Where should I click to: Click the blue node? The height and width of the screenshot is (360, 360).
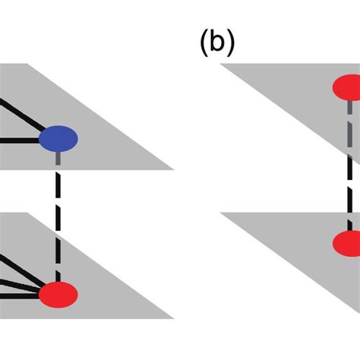pos(58,139)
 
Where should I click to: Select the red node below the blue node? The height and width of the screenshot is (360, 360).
pos(58,293)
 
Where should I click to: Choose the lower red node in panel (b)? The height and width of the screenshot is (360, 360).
pos(347,245)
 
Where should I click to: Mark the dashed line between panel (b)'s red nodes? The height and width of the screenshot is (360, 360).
pos(350,175)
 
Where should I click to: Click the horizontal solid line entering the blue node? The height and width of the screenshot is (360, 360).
pos(19,140)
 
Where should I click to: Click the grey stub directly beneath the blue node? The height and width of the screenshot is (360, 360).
pos(58,159)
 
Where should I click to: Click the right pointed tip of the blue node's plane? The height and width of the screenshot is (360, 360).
pos(174,168)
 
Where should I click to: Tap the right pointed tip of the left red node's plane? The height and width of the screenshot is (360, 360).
pos(174,317)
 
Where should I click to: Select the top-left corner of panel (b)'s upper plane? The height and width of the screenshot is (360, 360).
pos(221,65)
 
